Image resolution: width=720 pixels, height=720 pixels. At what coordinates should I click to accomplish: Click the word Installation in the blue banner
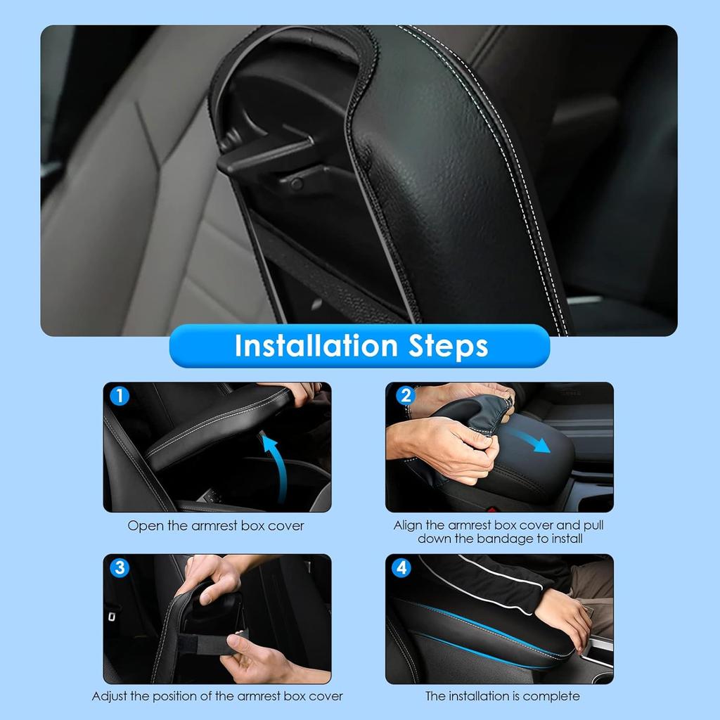pos(316,346)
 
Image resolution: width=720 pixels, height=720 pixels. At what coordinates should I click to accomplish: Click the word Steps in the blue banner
pos(449,346)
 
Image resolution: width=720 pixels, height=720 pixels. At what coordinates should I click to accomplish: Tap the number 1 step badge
pos(120,396)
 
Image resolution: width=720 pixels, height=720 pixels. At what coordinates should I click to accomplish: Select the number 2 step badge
pos(405,396)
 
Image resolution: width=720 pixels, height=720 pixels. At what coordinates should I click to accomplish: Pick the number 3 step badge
pos(120,567)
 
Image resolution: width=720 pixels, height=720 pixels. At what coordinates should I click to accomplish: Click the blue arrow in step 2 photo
pos(532,440)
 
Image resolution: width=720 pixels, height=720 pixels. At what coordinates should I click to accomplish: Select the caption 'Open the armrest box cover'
pos(216,526)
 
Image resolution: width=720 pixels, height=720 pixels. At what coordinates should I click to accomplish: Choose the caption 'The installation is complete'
pos(502,696)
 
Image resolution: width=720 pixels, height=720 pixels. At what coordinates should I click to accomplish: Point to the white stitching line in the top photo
pos(513,176)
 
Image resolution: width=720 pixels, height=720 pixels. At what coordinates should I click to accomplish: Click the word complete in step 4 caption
pos(555,696)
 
